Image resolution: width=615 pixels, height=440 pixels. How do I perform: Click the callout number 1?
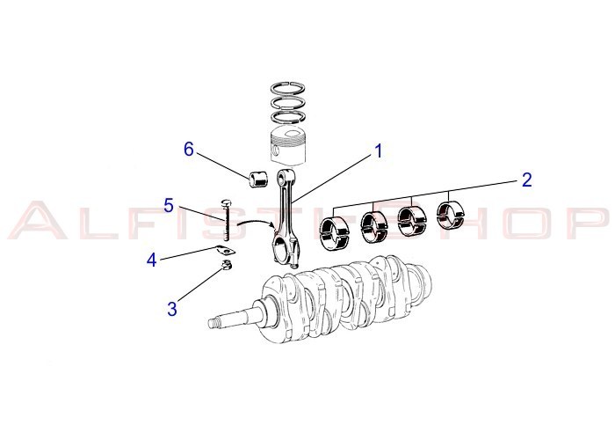(379, 150)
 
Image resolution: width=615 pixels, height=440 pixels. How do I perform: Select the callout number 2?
(526, 180)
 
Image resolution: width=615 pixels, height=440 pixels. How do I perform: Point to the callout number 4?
(152, 260)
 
